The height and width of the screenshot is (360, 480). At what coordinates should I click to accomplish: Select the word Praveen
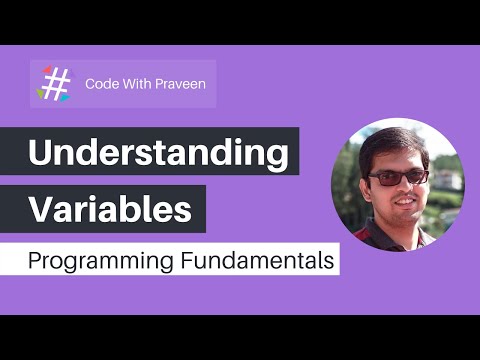point(180,84)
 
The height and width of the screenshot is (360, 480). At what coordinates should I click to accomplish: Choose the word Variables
point(110,211)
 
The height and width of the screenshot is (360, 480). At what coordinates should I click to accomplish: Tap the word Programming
point(91,262)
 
